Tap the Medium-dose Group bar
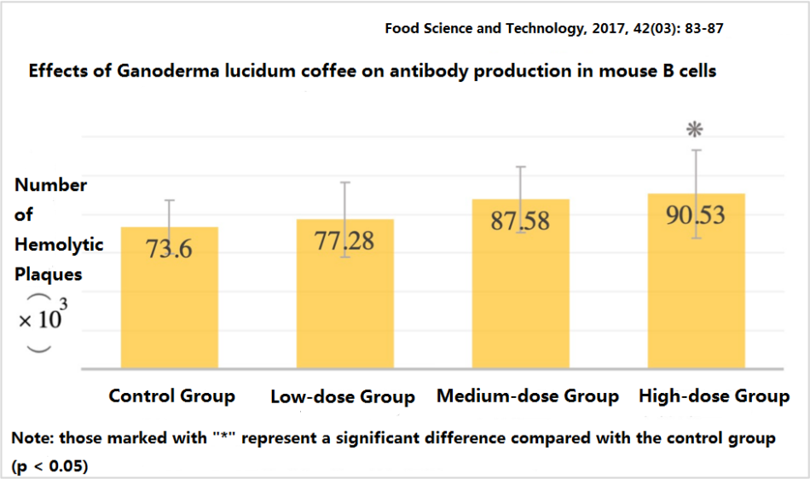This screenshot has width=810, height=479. click(x=520, y=298)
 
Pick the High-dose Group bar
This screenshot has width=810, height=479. click(x=697, y=298)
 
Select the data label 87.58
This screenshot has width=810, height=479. click(x=520, y=221)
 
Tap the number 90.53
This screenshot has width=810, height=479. click(x=696, y=214)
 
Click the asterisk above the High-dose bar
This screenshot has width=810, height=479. click(x=696, y=130)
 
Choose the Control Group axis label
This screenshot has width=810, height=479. click(x=171, y=396)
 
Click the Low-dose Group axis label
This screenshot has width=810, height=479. click(x=342, y=397)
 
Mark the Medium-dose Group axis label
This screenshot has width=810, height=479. click(x=528, y=396)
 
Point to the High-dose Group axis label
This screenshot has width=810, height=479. click(x=715, y=396)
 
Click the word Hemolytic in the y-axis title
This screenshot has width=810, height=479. click(x=59, y=245)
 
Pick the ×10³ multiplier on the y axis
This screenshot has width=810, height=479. click(x=43, y=320)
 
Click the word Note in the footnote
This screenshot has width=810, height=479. click(x=30, y=439)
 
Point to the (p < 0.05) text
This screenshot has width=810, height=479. click(x=49, y=468)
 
